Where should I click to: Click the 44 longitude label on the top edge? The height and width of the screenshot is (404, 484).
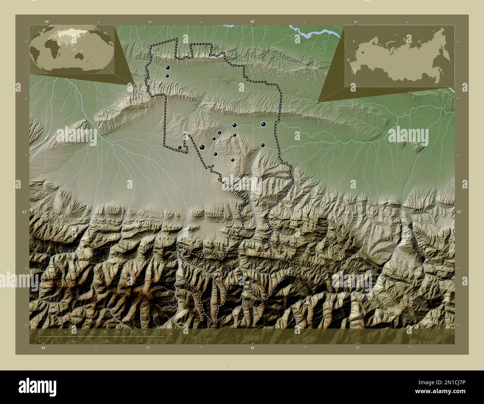tap(46, 22)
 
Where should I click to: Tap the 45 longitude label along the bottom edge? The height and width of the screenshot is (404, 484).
tap(252, 348)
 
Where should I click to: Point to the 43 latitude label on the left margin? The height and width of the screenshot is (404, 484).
tap(24, 212)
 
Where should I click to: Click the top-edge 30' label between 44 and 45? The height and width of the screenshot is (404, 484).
tap(150, 22)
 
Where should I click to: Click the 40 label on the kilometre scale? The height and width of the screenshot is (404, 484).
tap(144, 332)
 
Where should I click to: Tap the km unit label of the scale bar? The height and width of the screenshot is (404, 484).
tap(171, 334)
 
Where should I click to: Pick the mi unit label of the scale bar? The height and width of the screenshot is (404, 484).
tap(171, 339)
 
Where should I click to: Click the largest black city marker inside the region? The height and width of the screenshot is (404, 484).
tap(202, 147)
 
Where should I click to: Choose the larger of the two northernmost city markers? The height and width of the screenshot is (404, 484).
tap(168, 67)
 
